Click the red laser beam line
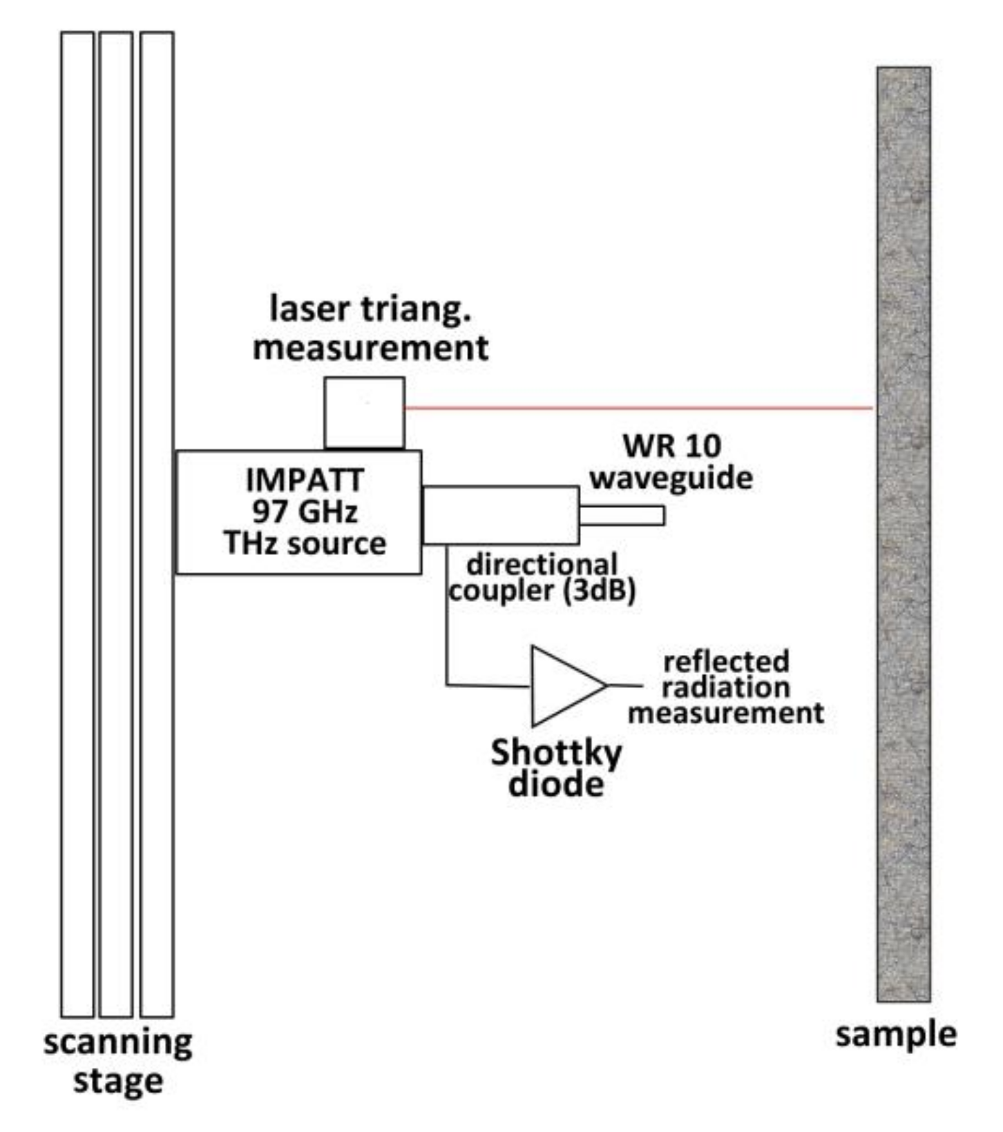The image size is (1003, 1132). tap(636, 408)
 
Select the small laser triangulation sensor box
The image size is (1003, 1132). tap(365, 413)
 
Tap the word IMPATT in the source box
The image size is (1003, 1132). tap(305, 480)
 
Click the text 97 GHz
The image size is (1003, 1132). tap(305, 512)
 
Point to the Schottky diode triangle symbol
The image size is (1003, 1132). tap(563, 685)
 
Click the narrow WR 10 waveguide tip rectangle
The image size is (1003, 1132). tap(622, 515)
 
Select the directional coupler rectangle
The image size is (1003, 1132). tap(501, 515)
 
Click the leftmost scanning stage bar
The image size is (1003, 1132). tap(77, 525)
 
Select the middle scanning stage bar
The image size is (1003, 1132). tap(116, 525)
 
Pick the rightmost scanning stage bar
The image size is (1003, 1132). tap(157, 525)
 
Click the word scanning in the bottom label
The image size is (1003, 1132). tap(117, 1044)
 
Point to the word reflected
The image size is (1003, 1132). tap(726, 661)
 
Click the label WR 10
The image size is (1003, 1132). tap(671, 446)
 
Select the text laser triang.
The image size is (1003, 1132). tap(371, 309)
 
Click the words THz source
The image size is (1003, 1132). tap(305, 543)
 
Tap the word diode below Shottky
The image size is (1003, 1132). tap(556, 785)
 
